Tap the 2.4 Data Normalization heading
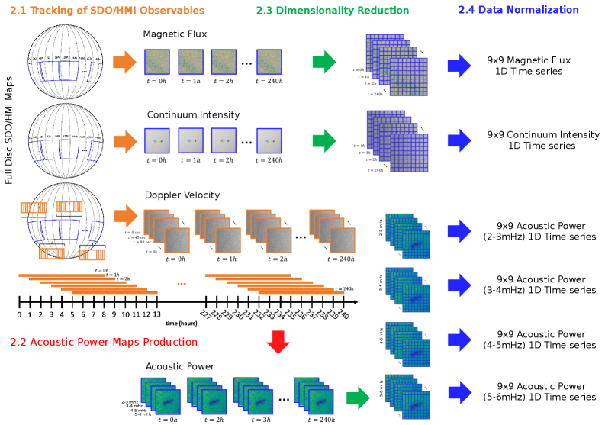click(x=519, y=11)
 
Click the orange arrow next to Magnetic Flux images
click(x=123, y=63)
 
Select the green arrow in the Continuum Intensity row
click(x=324, y=140)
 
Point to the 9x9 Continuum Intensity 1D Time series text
click(x=542, y=140)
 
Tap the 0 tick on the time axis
click(x=19, y=314)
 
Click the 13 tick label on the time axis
click(x=157, y=314)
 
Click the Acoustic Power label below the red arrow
click(x=179, y=366)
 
